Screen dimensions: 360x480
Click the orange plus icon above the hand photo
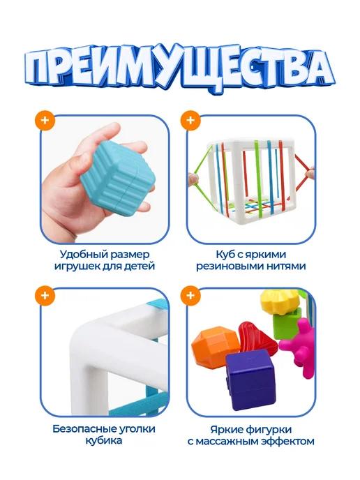coord(45,120)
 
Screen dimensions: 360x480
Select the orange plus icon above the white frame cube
coord(190,120)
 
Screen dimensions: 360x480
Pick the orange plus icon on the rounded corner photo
coord(45,296)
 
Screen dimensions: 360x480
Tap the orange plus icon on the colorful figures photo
coord(190,296)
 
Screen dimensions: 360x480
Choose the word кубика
coord(103,441)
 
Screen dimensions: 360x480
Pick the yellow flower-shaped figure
coord(280,302)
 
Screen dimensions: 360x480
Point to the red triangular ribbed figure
coord(257,338)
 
